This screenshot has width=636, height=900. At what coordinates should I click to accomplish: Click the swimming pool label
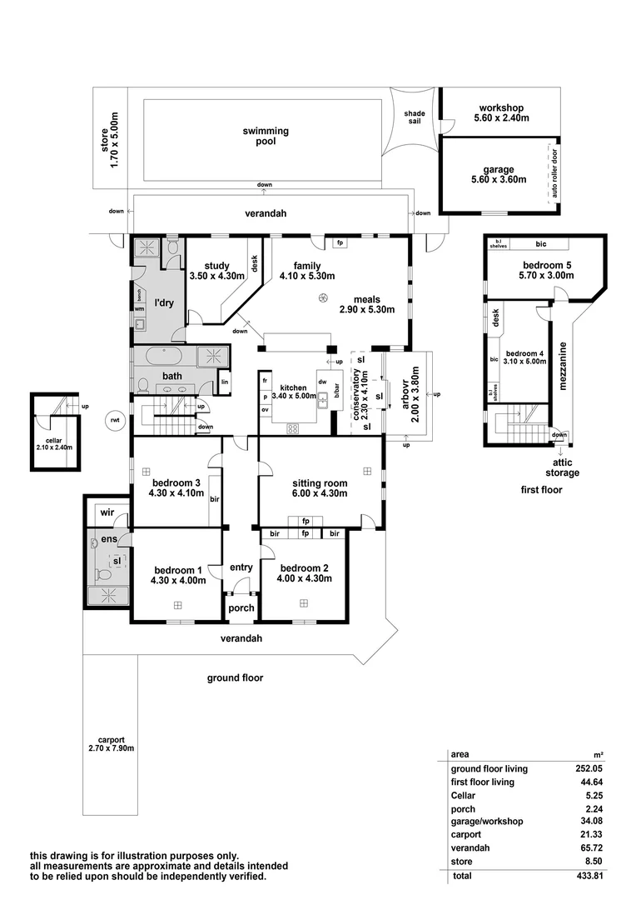pos(266,136)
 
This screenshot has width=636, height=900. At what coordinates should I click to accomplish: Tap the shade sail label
pos(414,117)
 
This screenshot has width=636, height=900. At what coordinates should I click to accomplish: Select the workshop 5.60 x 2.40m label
pos(500,112)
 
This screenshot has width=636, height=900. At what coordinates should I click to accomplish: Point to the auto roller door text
pos(550,176)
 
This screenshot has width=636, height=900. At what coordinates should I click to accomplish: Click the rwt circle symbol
pos(114,420)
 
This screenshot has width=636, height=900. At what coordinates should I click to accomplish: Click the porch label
pos(241,608)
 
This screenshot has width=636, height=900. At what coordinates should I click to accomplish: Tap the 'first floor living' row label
pos(482,782)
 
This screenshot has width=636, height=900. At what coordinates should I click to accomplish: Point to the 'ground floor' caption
pos(235,677)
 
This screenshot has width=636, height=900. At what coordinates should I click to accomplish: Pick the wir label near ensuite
pos(107,513)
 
